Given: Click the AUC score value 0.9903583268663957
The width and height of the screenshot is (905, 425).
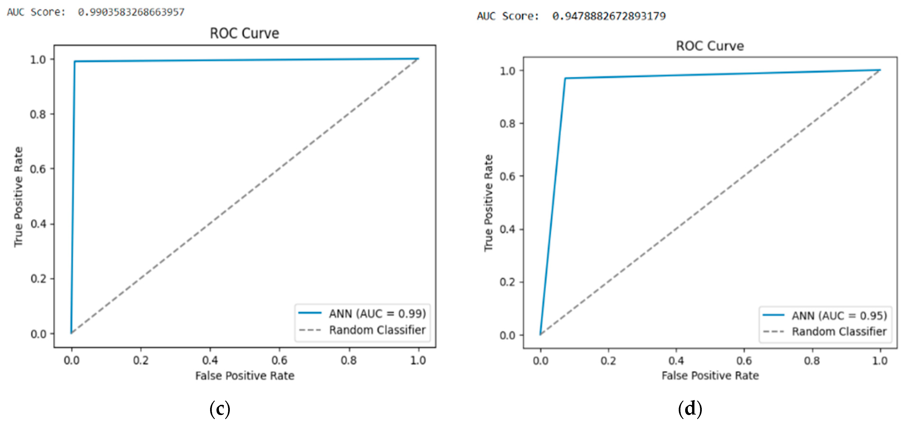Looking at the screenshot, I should point(131,12).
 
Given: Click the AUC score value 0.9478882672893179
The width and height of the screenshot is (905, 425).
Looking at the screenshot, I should point(609,16).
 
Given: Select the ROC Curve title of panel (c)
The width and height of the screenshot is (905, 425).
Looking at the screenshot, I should point(245,33).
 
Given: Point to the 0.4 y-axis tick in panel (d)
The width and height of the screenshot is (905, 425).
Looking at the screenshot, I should point(507,229).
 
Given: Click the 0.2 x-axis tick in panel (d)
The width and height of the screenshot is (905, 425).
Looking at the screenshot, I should point(608,361).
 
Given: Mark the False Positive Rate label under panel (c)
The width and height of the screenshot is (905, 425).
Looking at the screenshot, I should point(245,376).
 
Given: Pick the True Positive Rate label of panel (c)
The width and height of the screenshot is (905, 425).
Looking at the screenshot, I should point(18,197).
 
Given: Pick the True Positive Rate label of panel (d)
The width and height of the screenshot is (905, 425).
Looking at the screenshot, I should point(488,203).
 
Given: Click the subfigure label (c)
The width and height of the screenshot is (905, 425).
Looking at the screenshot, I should point(220,409).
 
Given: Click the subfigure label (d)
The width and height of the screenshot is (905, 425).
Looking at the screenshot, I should point(690,409).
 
